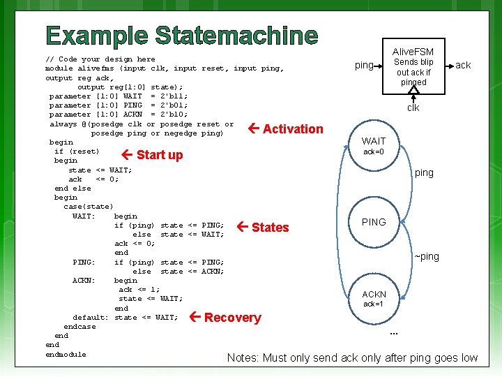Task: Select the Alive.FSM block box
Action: coord(413,67)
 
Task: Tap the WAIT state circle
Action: coord(374,146)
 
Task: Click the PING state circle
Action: coord(374,222)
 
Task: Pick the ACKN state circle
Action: coord(374,299)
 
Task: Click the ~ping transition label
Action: coord(427,256)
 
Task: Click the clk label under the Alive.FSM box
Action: coord(413,108)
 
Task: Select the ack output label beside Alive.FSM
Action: coord(463,66)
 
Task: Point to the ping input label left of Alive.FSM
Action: coord(364,66)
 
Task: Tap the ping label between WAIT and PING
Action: coord(424,172)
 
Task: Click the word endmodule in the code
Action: coord(66,354)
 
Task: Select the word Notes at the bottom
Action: coord(243,358)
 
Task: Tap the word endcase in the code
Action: coord(79,327)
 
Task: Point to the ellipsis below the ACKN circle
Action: coord(394,332)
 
